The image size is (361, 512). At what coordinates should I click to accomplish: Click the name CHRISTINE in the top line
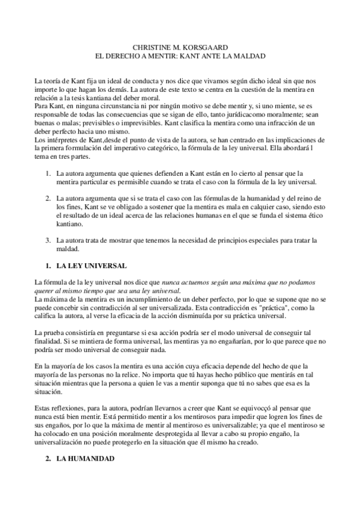pyautogui.click(x=151, y=46)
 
